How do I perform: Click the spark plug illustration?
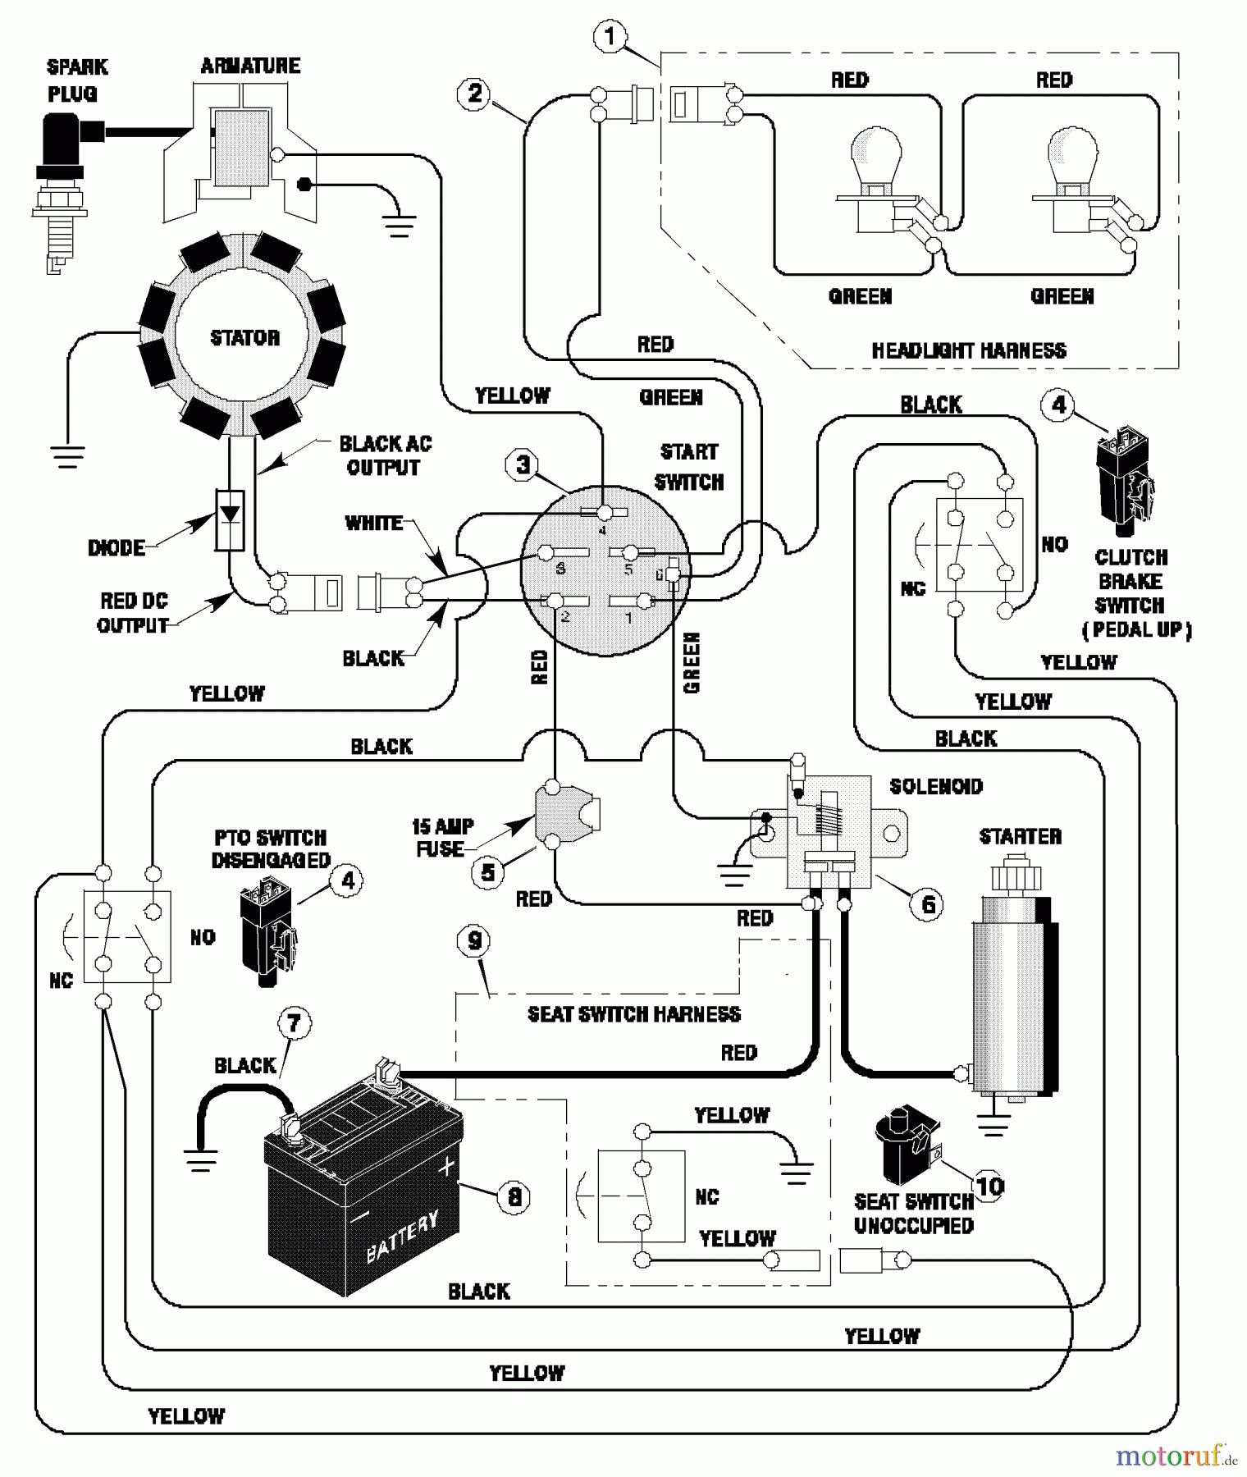click(62, 189)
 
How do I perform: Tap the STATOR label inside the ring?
click(244, 338)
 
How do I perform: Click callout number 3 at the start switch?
click(523, 465)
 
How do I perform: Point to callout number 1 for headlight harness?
click(609, 37)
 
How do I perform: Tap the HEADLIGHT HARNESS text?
click(969, 351)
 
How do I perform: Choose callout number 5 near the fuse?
click(488, 871)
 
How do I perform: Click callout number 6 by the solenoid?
click(928, 904)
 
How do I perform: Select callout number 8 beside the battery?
click(514, 1196)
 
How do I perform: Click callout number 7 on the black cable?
click(295, 1023)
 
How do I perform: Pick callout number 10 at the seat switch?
click(989, 1186)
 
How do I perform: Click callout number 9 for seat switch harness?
click(475, 941)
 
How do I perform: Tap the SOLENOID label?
click(936, 786)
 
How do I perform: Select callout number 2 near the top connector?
click(474, 93)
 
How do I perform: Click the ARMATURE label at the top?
click(250, 66)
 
